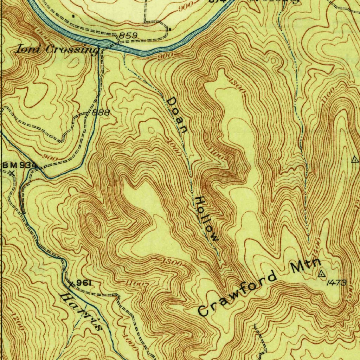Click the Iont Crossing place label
click(56, 50)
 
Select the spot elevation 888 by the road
click(101, 113)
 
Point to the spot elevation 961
click(84, 283)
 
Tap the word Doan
click(177, 115)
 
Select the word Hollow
click(207, 219)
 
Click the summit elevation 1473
click(336, 283)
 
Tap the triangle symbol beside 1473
click(322, 274)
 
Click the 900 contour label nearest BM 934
click(51, 158)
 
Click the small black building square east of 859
click(169, 30)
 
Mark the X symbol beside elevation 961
click(71, 283)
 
